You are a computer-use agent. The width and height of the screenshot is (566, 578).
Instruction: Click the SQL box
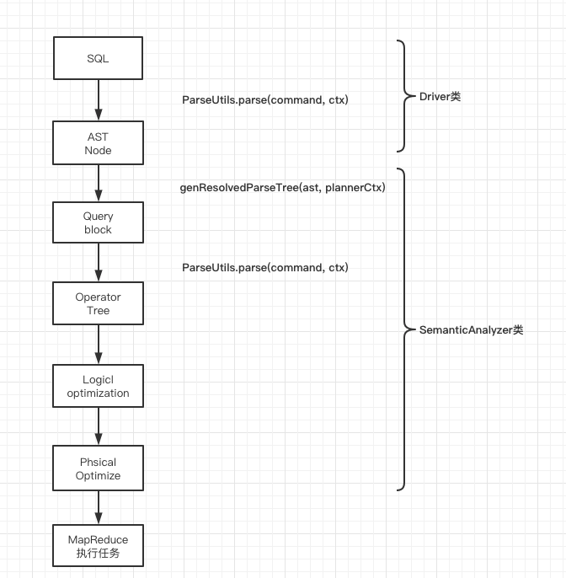[98, 60]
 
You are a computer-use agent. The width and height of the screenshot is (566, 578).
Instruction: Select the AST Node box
[98, 142]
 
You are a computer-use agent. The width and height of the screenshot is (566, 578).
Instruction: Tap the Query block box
[98, 222]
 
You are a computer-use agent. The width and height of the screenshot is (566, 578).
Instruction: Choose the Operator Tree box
[98, 303]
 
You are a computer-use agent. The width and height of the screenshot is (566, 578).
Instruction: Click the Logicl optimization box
[98, 386]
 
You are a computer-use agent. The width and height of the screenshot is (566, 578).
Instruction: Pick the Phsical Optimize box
[98, 468]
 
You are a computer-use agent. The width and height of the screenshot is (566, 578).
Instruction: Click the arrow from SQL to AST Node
[98, 100]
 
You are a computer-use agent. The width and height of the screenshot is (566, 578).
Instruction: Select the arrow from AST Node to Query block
[98, 182]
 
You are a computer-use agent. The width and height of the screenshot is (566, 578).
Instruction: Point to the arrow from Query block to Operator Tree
[98, 263]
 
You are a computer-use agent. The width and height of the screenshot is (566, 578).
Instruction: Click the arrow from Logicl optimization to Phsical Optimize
[98, 426]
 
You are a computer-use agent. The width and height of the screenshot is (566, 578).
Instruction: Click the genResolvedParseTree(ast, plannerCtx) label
[282, 187]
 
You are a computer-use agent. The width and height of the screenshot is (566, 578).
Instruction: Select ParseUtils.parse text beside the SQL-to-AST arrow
[265, 99]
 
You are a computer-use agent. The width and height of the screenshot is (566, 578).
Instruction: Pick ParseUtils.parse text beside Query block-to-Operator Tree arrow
[265, 267]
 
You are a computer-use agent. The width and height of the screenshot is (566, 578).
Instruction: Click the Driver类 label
[440, 96]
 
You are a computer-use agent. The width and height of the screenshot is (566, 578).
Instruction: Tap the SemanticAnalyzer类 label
[471, 329]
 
